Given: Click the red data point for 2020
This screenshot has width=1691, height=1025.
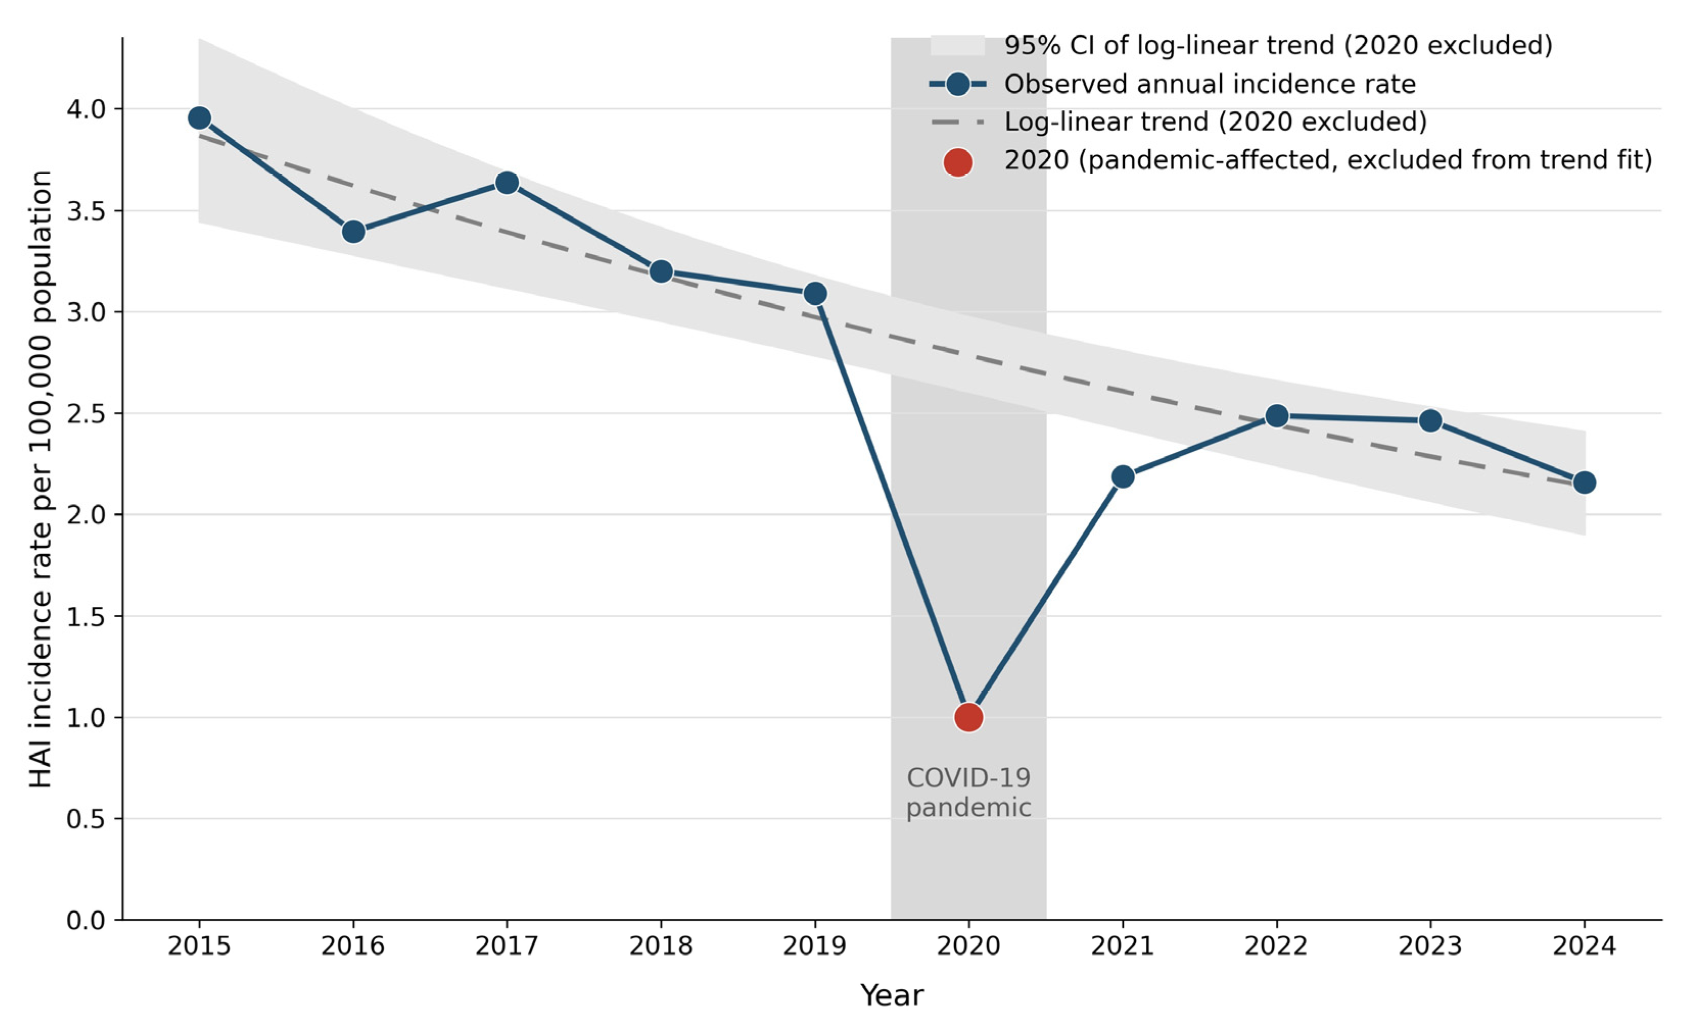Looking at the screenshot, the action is pos(969,717).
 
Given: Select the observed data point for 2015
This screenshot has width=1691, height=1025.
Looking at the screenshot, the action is pos(199,118).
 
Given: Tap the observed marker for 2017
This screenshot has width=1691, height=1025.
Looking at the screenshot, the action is pos(506,183).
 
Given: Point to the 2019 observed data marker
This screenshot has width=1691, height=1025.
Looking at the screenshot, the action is pos(815,294).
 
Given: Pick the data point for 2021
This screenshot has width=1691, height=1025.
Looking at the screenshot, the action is pos(1123,476).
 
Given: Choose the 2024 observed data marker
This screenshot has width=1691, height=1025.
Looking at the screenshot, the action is pos(1584,482).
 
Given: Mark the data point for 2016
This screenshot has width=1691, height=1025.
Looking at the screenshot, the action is pos(353,232).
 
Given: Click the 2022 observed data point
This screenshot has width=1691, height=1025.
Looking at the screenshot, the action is pos(1276,416).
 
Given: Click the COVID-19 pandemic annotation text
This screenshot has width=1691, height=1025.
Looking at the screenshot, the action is pos(969,792).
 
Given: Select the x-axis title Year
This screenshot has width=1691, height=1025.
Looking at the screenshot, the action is pos(892,995).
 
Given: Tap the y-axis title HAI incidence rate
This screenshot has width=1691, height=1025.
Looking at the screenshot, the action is pos(41,479).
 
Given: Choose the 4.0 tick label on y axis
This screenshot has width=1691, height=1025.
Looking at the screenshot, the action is pos(86,109).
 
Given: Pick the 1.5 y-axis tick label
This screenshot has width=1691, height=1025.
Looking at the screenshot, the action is pos(86,616).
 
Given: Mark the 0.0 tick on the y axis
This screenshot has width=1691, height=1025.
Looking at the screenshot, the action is pos(86,920).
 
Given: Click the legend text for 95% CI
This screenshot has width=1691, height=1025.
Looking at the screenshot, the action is pos(1278,46).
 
